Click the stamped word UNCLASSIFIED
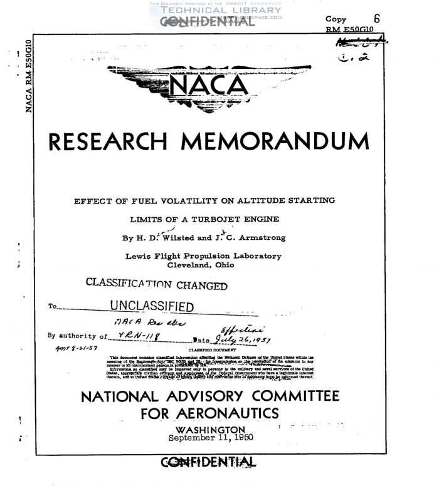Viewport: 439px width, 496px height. pos(152,306)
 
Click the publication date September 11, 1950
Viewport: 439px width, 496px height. pos(211,438)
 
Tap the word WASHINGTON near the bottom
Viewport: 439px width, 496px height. pos(211,430)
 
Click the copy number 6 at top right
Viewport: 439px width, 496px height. pos(376,19)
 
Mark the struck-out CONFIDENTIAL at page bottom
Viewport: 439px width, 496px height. pos(210,463)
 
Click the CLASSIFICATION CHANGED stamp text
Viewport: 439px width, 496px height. pos(156,284)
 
